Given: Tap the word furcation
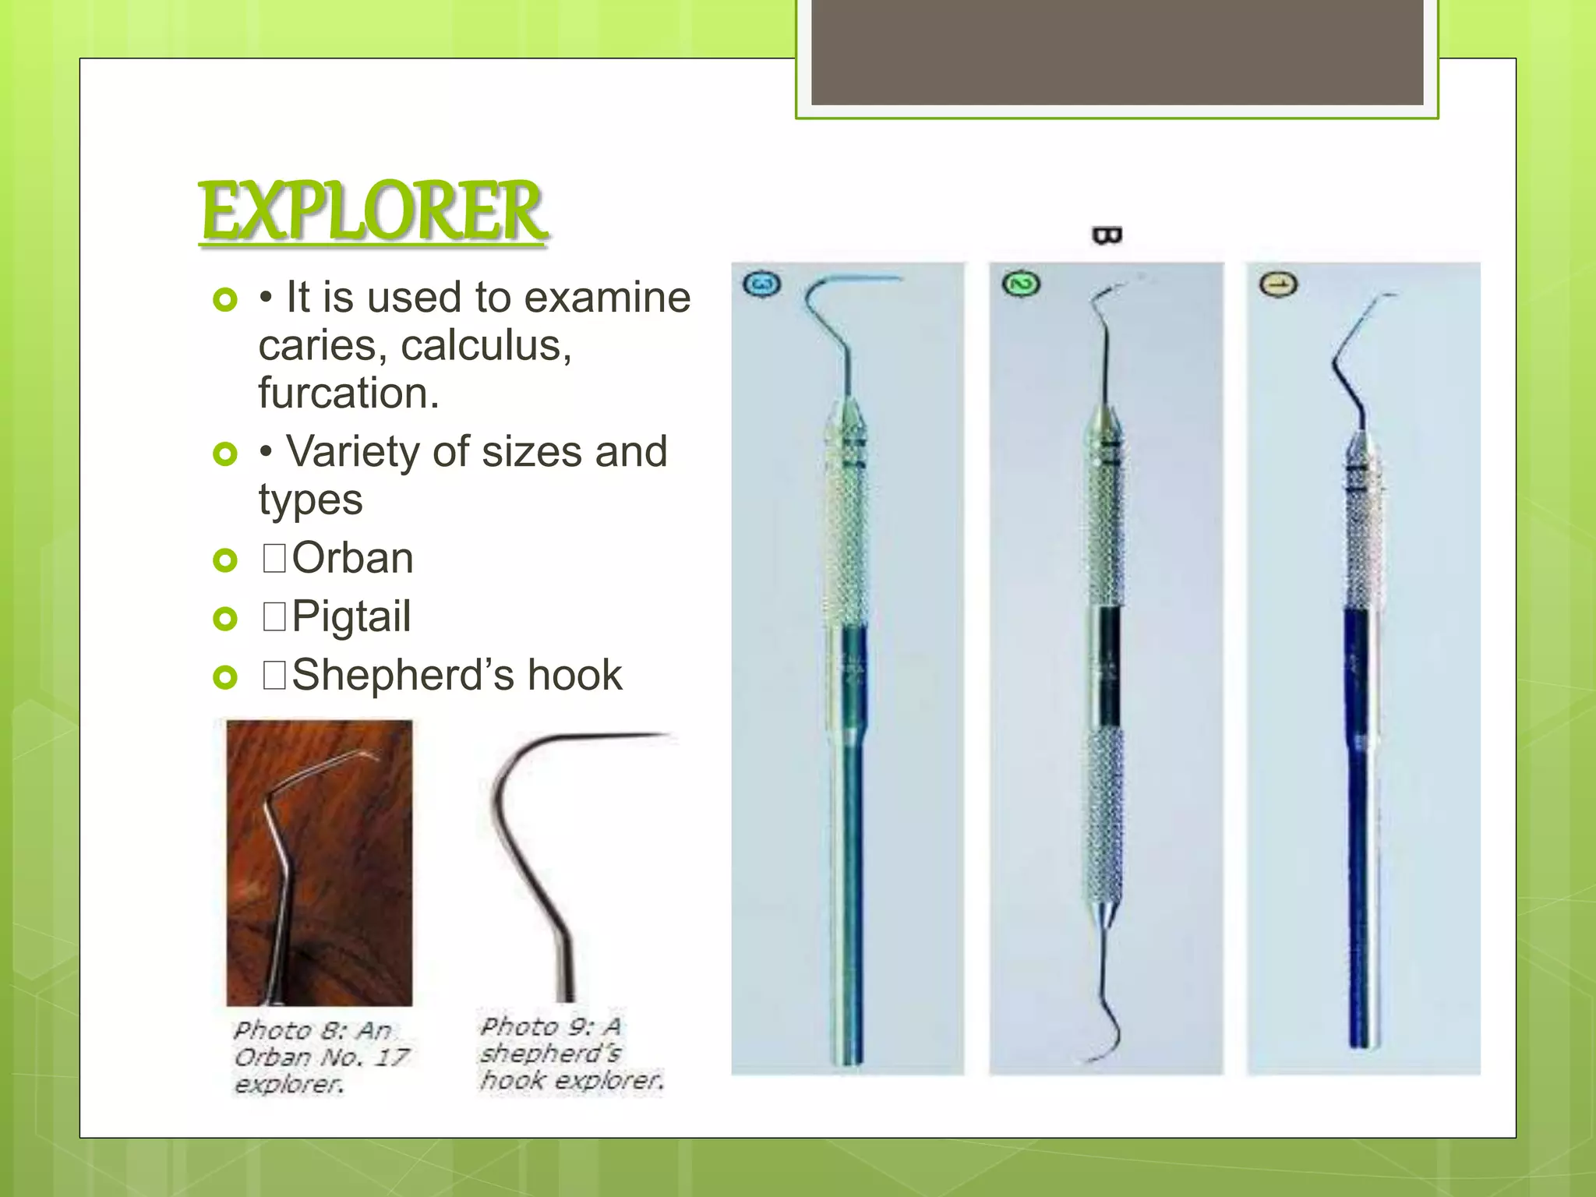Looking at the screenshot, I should (x=348, y=393).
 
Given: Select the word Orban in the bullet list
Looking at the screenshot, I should (x=352, y=558).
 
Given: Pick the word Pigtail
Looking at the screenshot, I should (x=351, y=616).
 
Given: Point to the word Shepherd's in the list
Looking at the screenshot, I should (x=402, y=675).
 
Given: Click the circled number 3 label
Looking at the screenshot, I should (x=761, y=284).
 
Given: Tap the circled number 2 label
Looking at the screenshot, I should (x=1020, y=284).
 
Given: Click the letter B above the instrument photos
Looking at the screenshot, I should (x=1107, y=235).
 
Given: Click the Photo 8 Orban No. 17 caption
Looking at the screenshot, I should (x=320, y=1057).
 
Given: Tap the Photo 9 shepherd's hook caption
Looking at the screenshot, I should (x=570, y=1054).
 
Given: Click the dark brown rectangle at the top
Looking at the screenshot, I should (x=1117, y=52).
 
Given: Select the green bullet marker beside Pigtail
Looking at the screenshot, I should (x=224, y=619).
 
